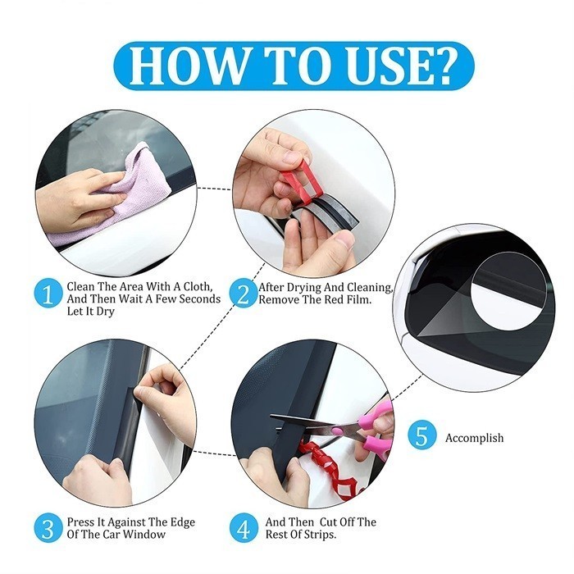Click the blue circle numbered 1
pyautogui.click(x=48, y=294)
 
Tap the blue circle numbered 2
pyautogui.click(x=244, y=294)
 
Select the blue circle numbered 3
pyautogui.click(x=48, y=528)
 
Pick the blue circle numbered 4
pyautogui.click(x=244, y=528)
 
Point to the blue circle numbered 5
pyautogui.click(x=422, y=435)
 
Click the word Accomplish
pyautogui.click(x=475, y=438)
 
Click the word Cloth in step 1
pyautogui.click(x=196, y=286)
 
